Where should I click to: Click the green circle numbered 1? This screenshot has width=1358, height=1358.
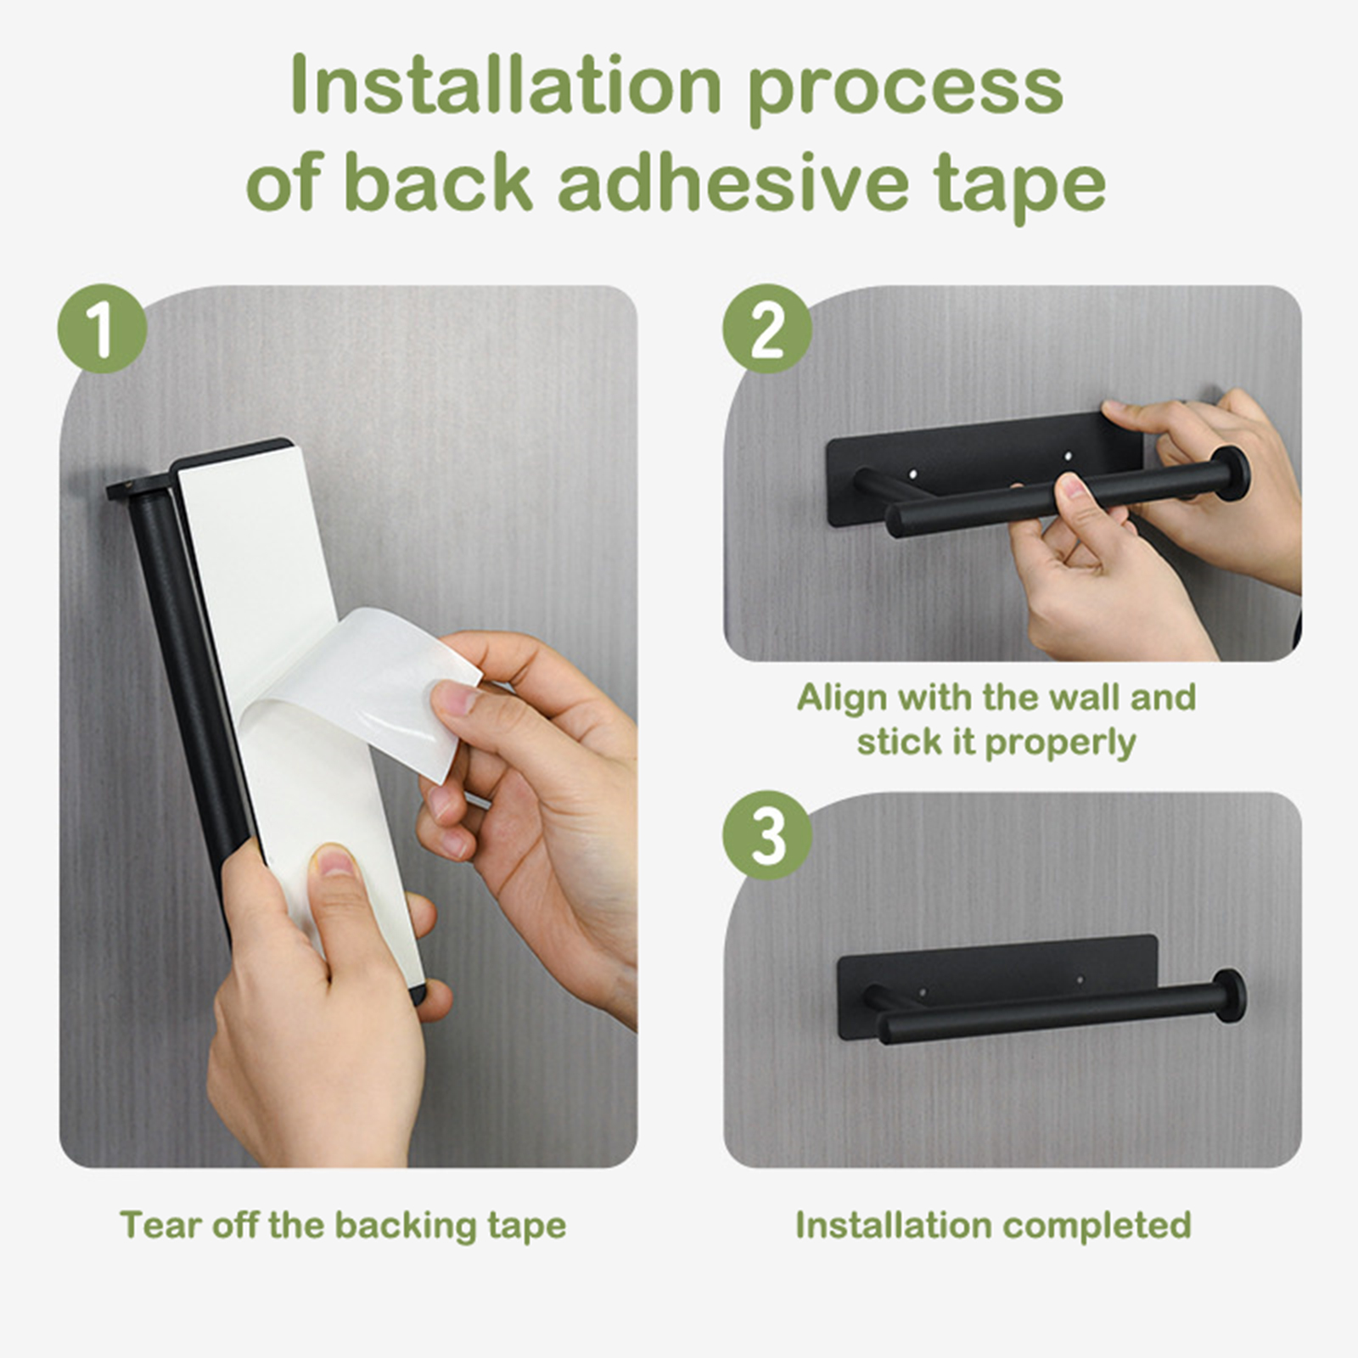[x=103, y=328]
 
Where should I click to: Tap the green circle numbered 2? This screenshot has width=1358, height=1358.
[x=767, y=328]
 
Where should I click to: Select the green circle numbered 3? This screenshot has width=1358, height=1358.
[x=767, y=835]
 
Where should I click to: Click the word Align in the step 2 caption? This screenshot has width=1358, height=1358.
[x=843, y=699]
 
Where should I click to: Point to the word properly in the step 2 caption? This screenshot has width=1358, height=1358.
[x=1060, y=744]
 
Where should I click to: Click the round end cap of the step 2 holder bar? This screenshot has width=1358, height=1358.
[x=1232, y=474]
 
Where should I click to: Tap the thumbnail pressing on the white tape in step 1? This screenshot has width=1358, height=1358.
[x=334, y=863]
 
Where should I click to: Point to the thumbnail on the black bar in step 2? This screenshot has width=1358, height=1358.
[x=1071, y=487]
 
